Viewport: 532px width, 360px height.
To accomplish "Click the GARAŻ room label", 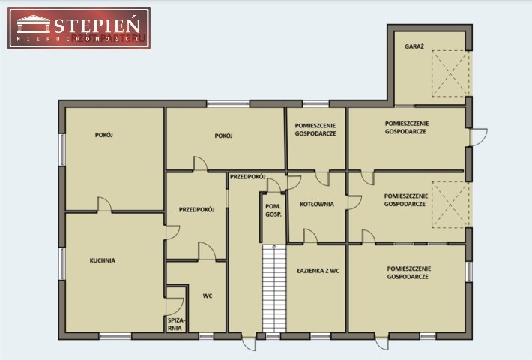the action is [414, 46].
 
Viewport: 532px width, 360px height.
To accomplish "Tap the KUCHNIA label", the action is [103, 260].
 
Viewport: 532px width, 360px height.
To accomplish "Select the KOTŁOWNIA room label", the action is [317, 205].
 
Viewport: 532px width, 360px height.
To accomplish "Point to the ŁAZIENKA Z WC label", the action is [318, 271].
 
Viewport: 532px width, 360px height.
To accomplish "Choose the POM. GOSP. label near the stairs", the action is [273, 211].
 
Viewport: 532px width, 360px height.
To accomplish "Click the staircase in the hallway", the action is [274, 288].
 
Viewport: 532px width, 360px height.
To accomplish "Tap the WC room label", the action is [208, 295].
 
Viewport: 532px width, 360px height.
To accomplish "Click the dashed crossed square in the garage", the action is [450, 73].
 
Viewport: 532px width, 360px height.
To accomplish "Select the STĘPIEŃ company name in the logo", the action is [97, 25].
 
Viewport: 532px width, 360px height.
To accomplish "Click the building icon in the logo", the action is [34, 24].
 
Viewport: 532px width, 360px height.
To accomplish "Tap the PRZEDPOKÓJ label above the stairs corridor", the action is [248, 176].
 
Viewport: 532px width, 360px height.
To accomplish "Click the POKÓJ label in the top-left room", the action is [104, 135].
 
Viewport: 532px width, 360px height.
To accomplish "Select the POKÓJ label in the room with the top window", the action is [223, 136].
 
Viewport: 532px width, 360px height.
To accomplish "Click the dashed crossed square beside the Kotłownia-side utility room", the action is [450, 205].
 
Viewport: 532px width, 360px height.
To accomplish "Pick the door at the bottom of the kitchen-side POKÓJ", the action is [104, 205].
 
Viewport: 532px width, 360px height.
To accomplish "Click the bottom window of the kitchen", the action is [115, 336].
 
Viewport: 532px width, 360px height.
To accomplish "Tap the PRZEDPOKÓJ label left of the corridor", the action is [197, 210].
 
